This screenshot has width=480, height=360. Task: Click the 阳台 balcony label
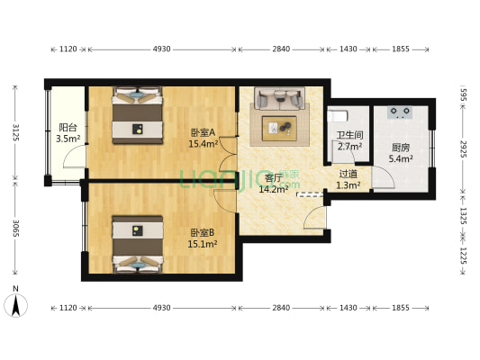click(68, 127)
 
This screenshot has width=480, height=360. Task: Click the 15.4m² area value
click(204, 143)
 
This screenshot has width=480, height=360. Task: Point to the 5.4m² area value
click(401, 159)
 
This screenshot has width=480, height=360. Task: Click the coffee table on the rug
click(281, 128)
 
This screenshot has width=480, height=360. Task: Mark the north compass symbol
click(15, 304)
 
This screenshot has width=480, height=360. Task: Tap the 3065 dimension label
click(15, 230)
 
